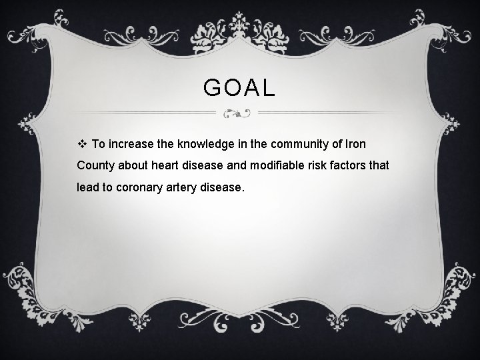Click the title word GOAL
tap(239, 88)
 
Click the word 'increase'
tap(131, 143)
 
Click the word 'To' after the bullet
tap(99, 143)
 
